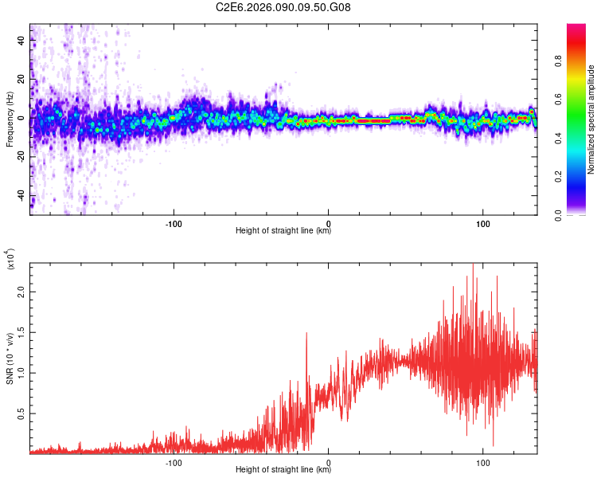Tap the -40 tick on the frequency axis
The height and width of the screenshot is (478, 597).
[21, 196]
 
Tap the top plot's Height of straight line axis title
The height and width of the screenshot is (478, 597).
[283, 230]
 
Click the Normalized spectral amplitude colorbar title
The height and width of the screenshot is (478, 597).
[591, 119]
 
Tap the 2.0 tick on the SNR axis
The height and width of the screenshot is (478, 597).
[21, 292]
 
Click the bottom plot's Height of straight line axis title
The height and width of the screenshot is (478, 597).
[283, 471]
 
